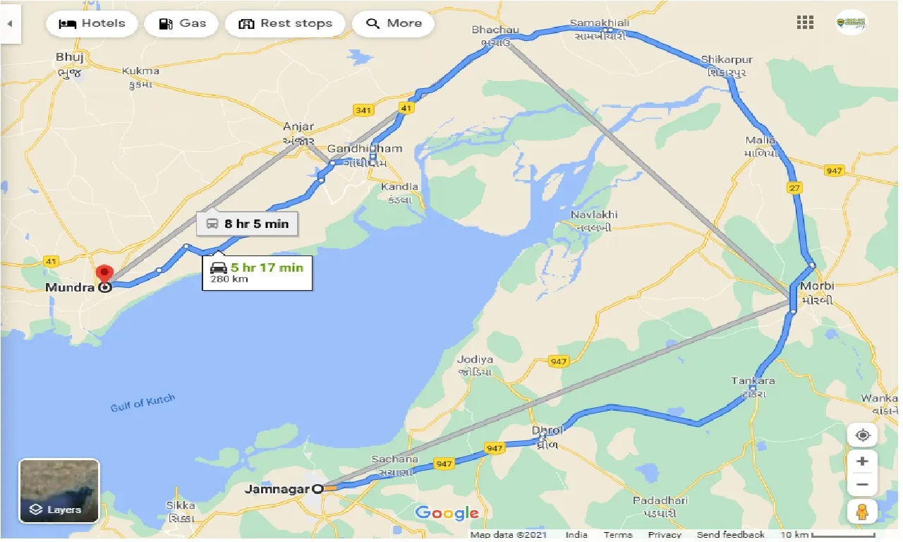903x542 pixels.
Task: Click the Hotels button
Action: click(x=92, y=23)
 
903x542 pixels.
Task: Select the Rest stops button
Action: click(x=286, y=23)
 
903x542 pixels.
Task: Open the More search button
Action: click(x=394, y=23)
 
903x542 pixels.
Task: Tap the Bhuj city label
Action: click(x=70, y=56)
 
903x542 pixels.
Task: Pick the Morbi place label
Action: click(x=817, y=286)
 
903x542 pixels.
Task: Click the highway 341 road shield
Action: click(x=364, y=109)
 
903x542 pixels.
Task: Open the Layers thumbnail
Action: click(x=59, y=491)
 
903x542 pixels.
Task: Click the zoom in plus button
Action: click(x=862, y=462)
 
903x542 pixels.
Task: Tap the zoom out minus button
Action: click(x=862, y=485)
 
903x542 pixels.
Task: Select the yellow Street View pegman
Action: click(x=862, y=511)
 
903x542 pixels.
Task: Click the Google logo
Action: click(x=447, y=513)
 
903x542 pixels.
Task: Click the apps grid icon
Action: click(x=805, y=23)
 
